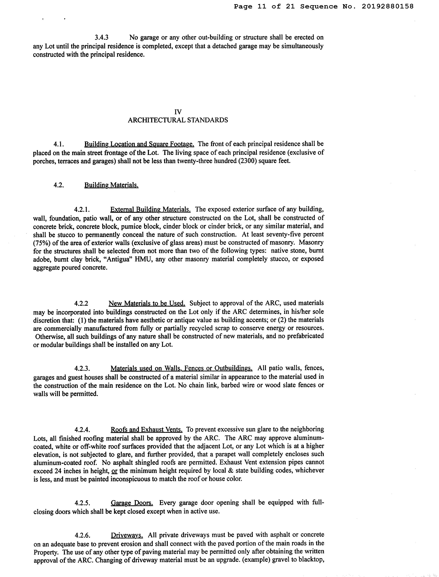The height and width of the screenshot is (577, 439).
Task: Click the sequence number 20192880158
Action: click(x=388, y=6)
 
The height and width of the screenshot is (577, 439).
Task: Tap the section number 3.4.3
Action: click(x=101, y=37)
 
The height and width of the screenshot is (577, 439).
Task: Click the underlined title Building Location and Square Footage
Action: click(x=139, y=144)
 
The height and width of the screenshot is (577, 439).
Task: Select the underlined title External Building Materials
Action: click(x=150, y=209)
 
